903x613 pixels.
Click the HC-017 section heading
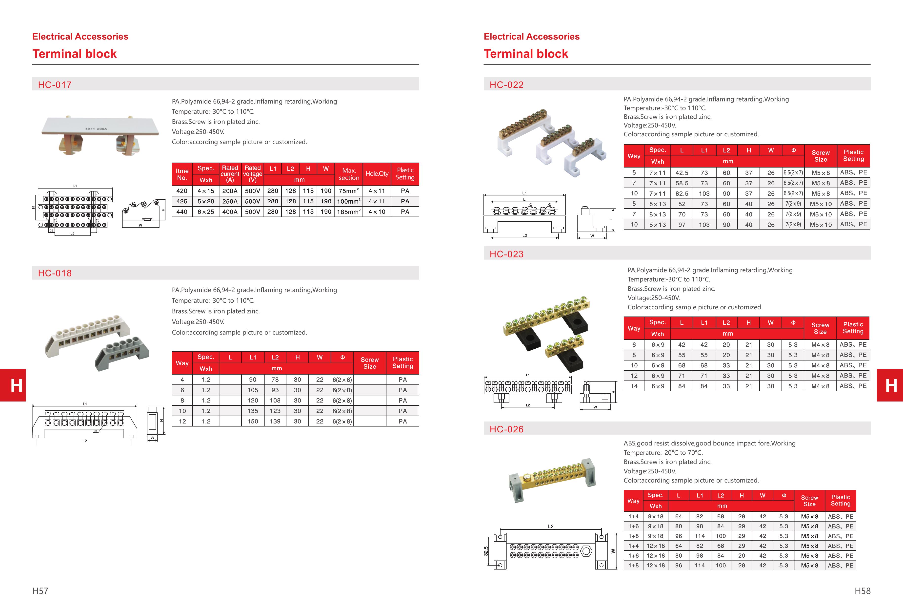pyautogui.click(x=55, y=85)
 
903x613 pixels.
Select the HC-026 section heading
pyautogui.click(x=506, y=429)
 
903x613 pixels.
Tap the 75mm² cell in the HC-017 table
pyautogui.click(x=348, y=191)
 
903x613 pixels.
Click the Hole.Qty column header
pyautogui.click(x=377, y=174)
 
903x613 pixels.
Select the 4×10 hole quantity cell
pyautogui.click(x=377, y=212)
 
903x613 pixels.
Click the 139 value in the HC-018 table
pyautogui.click(x=275, y=421)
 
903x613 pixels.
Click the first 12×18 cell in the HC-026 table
pyautogui.click(x=656, y=546)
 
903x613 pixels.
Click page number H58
pyautogui.click(x=862, y=591)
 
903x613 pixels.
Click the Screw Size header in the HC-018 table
pyautogui.click(x=369, y=363)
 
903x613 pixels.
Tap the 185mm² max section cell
pyautogui.click(x=348, y=212)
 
